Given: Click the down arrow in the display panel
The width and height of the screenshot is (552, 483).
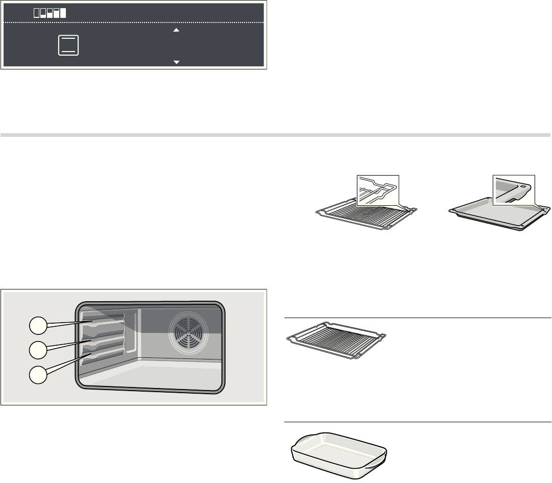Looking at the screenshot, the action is click(x=176, y=62).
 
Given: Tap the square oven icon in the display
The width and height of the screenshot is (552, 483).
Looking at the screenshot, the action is click(x=68, y=45).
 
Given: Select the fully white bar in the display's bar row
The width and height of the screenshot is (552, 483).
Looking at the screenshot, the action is click(x=63, y=13).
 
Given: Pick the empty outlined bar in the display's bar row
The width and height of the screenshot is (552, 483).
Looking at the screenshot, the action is click(x=37, y=13).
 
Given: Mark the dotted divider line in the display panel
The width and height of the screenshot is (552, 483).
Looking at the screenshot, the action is click(x=133, y=23).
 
